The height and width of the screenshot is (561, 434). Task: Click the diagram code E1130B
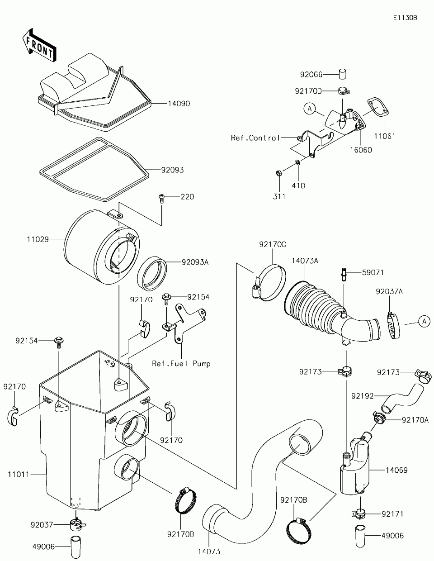pos(405,18)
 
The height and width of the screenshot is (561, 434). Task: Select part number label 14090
pos(179,104)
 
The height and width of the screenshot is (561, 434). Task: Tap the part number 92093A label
pos(195,262)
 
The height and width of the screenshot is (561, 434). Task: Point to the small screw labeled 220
pos(162,199)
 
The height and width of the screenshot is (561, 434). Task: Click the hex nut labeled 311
pos(279,173)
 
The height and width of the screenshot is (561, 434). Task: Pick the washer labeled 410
pos(298,163)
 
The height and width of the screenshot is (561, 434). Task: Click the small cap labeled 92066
pos(343,74)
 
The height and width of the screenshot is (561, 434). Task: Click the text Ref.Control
pos(255,138)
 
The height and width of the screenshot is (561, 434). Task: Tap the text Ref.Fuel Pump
pos(181,364)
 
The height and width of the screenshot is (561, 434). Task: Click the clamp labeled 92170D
pos(343,91)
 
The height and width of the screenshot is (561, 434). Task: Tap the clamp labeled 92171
pos(359,513)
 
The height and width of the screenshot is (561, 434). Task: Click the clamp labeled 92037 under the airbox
pos(76,524)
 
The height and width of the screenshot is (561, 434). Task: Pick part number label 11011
pos(19,475)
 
